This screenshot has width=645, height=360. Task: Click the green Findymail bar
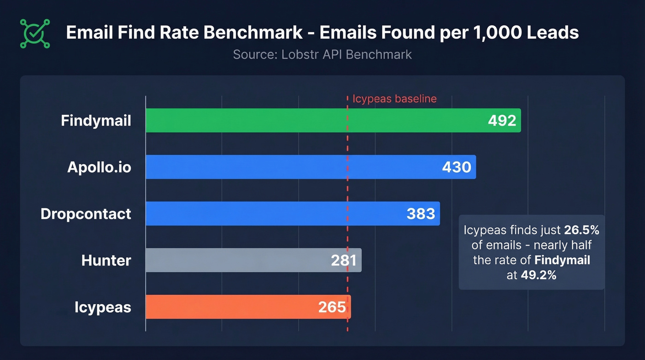tap(313, 120)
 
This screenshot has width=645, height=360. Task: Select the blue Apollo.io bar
tap(290, 167)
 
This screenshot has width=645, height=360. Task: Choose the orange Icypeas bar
tap(230, 307)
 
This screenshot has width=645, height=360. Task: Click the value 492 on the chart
tap(502, 121)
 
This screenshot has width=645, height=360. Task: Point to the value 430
tap(457, 167)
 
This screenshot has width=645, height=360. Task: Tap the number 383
tap(421, 214)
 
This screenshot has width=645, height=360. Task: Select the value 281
tap(344, 260)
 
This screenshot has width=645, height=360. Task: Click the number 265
tap(332, 307)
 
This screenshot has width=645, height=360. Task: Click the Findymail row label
tap(96, 121)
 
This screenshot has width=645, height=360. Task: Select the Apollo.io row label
tap(99, 167)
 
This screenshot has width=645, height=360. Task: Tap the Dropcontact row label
tap(86, 214)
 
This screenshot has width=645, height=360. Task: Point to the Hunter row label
tap(106, 260)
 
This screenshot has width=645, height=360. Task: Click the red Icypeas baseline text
tap(394, 99)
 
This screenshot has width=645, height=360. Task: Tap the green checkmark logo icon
tap(35, 33)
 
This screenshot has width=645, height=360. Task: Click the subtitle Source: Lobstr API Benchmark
tap(322, 54)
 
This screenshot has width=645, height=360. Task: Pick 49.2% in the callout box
tap(538, 275)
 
